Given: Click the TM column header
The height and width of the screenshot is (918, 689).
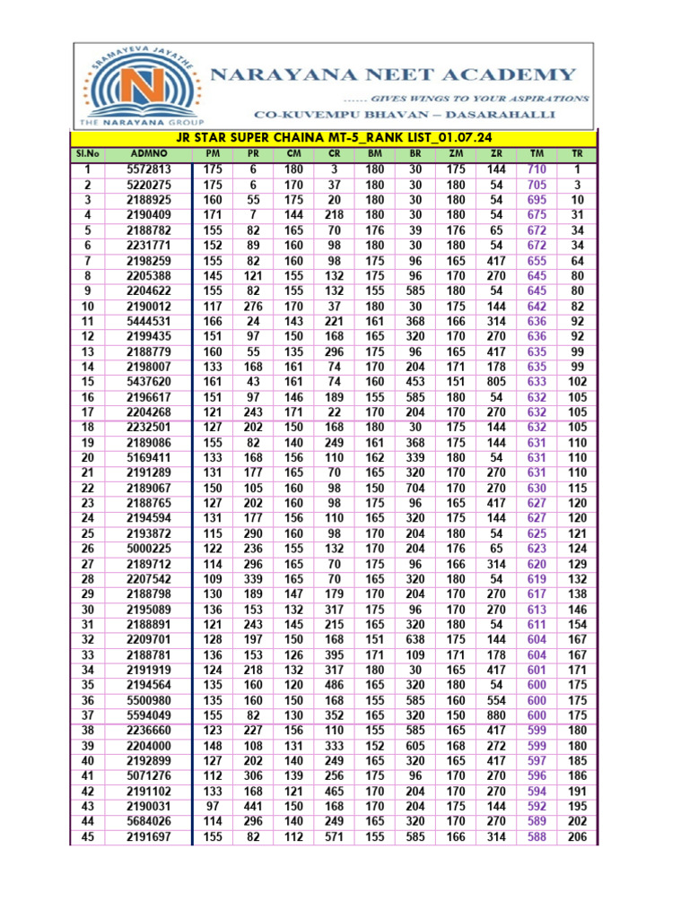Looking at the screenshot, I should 536,153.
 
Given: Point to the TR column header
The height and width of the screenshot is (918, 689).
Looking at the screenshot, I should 577,153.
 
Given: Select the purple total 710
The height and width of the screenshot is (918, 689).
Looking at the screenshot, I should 536,169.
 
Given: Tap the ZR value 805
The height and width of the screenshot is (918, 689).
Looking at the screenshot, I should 496,381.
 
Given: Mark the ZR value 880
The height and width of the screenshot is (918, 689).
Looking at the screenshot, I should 496,715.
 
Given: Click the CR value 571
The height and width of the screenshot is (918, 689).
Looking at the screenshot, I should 335,837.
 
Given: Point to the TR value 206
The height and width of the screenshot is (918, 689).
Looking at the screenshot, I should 577,837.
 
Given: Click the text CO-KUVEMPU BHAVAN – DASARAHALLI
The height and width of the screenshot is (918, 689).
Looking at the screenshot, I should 405,115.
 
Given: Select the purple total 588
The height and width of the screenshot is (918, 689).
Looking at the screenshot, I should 536,837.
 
